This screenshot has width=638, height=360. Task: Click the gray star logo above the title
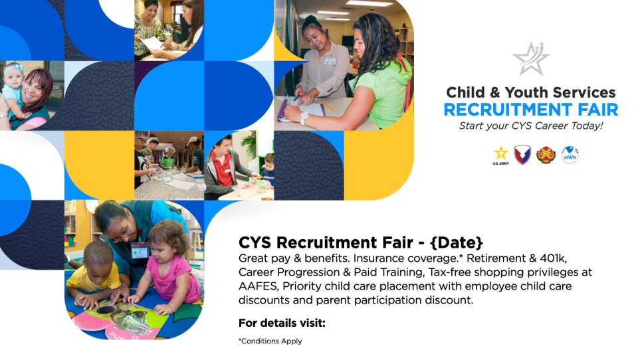[x=530, y=58]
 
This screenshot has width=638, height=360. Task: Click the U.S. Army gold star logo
[x=501, y=155]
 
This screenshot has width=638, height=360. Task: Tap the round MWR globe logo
[x=570, y=155]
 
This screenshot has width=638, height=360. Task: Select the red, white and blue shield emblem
[x=522, y=155]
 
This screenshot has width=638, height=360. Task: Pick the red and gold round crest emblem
[x=546, y=155]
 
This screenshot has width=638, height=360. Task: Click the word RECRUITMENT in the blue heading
[x=508, y=110]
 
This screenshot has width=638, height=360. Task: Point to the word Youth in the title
[x=527, y=92]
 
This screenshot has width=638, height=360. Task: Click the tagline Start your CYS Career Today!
[x=530, y=126]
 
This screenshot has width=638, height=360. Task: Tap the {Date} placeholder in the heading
[x=456, y=242]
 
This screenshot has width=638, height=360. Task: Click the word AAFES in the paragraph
[x=258, y=286]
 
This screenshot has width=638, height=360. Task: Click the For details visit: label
[x=282, y=323]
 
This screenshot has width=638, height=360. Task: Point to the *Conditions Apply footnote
[x=270, y=341]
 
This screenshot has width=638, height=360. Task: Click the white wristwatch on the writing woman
[x=304, y=118]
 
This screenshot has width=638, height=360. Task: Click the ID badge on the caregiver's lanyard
[x=139, y=250]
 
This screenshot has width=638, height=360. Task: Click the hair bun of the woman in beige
[x=310, y=20]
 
